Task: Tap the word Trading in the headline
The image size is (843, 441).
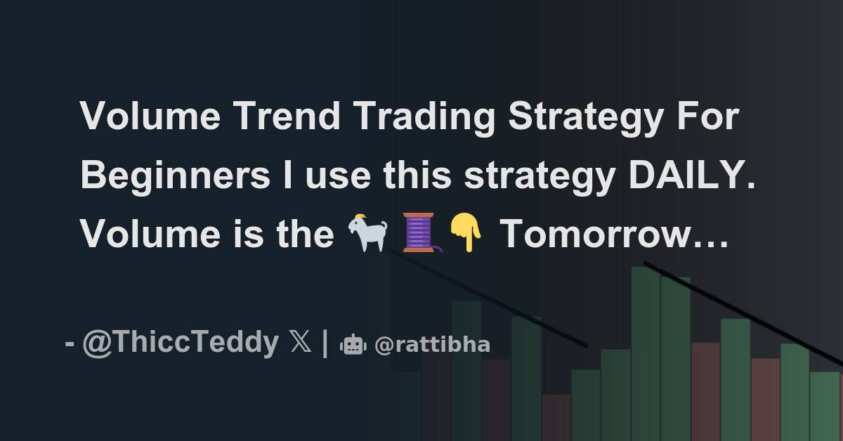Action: tap(424, 116)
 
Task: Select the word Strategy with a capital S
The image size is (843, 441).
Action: tap(584, 117)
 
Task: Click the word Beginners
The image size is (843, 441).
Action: tap(175, 176)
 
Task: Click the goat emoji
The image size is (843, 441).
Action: tap(369, 234)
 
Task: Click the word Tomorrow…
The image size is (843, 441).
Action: tap(613, 234)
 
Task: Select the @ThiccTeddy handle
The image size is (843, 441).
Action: tap(181, 343)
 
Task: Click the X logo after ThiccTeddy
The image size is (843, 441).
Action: tap(299, 344)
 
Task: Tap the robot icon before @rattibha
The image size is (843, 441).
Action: tap(353, 344)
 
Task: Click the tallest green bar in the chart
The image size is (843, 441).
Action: tap(645, 351)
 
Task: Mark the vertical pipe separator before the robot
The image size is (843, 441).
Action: tap(325, 343)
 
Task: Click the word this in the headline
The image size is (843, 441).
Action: tap(419, 175)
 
